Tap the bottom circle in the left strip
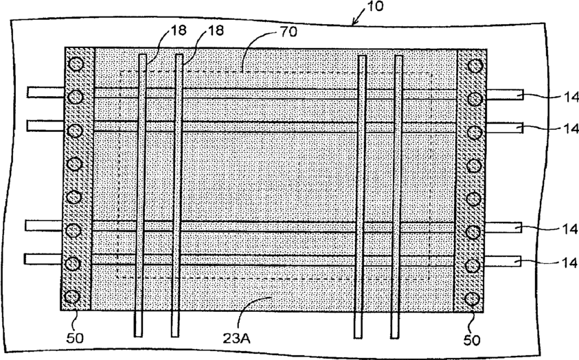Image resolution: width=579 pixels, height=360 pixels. coord(71,297)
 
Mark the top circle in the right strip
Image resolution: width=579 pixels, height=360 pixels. coord(474,66)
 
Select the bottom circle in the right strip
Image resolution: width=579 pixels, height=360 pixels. coord(471,298)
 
